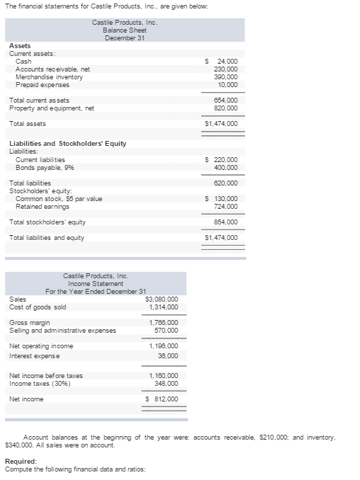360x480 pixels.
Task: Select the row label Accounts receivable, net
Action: pos(52,69)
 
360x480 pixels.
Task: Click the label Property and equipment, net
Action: pos(51,108)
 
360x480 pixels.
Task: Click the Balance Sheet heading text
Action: pos(124,30)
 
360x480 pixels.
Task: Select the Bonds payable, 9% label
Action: pos(45,168)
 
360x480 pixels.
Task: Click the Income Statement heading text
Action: pos(95,283)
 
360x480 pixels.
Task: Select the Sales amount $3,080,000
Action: pos(162,299)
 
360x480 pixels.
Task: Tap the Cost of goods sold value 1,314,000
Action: pos(164,307)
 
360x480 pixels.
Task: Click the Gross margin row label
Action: pos(29,323)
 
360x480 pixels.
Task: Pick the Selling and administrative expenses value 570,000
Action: pos(166,331)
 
